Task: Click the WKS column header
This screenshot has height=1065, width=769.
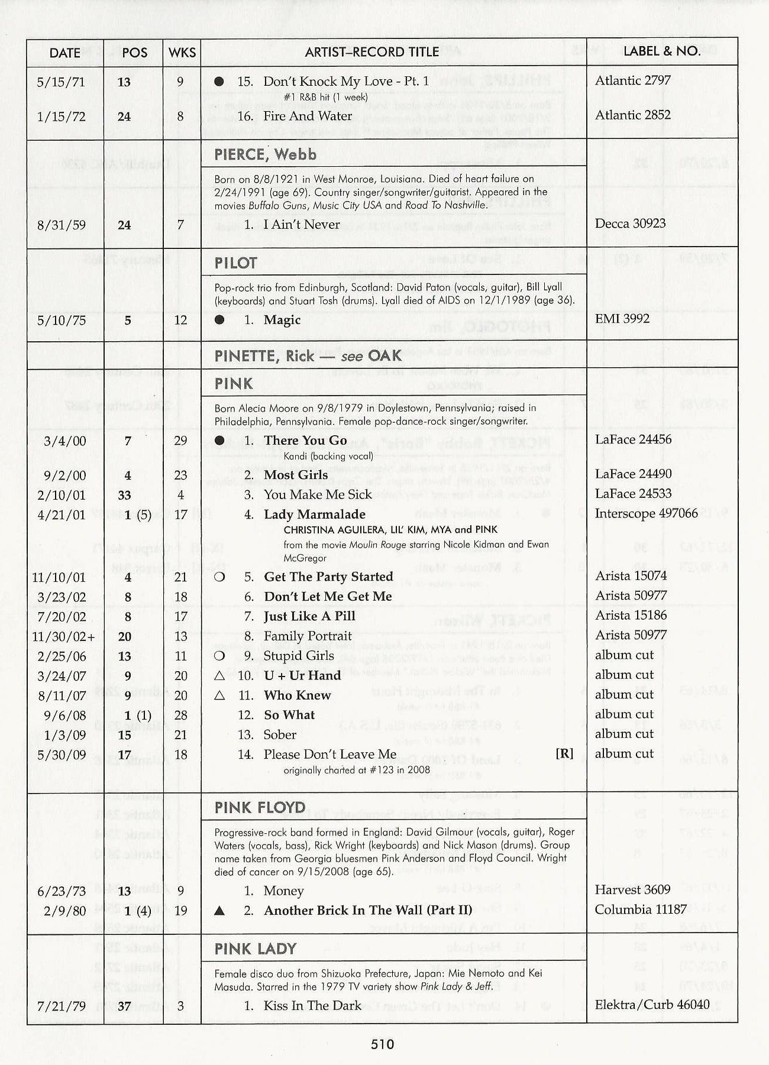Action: pos(182,53)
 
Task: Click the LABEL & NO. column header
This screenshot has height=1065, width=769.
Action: pos(662,51)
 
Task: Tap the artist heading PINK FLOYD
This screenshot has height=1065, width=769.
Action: pos(260,808)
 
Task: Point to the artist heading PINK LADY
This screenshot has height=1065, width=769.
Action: pos(255,949)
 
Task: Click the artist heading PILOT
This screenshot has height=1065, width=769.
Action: pos(235,263)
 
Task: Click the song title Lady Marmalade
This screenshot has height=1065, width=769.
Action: pos(315,514)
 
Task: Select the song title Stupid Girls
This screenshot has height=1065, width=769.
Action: pos(299,656)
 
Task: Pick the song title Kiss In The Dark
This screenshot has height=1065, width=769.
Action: pos(312,1005)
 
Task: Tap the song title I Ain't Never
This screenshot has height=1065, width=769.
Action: pos(302,225)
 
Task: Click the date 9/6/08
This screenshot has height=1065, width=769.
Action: pos(65,716)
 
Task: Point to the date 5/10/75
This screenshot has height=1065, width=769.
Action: pos(62,321)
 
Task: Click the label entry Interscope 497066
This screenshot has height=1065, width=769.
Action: pos(646,513)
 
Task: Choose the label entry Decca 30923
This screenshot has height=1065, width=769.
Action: pos(630,224)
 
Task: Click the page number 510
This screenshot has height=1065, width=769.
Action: pos(383,1044)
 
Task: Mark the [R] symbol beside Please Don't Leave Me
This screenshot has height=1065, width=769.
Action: pos(564,754)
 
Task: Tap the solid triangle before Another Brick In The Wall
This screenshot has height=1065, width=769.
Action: pos(219,911)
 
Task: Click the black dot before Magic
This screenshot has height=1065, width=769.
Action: pos(219,320)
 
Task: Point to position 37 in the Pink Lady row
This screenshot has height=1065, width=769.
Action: pos(124,1006)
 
